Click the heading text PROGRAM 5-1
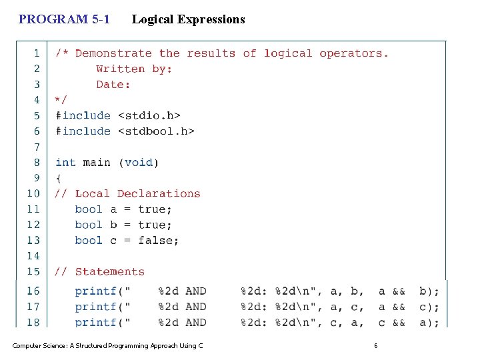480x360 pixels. [x=64, y=19]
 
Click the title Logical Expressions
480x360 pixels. [x=188, y=19]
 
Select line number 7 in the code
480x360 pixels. [x=37, y=147]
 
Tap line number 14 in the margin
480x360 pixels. [x=33, y=256]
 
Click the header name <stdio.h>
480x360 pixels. [x=149, y=116]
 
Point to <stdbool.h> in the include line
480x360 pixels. [x=156, y=131]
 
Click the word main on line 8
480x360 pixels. [x=96, y=163]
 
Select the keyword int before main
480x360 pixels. [x=65, y=163]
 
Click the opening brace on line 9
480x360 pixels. [x=58, y=178]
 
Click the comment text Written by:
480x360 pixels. [x=134, y=69]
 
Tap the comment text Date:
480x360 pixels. [x=113, y=85]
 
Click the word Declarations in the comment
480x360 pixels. [x=159, y=194]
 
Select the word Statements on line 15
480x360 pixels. [x=110, y=272]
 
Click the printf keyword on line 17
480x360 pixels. [x=95, y=307]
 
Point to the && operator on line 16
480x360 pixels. [x=399, y=291]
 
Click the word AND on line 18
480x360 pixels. [x=196, y=323]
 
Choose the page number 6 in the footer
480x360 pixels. [x=376, y=345]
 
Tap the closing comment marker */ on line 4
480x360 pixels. [x=61, y=100]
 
